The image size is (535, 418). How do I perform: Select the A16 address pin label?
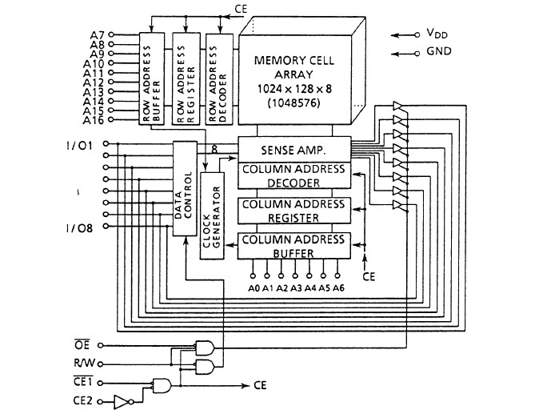[x=94, y=121]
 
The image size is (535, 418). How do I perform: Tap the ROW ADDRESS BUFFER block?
[x=150, y=79]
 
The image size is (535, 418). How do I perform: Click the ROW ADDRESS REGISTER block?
[x=183, y=79]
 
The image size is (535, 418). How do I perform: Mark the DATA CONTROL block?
[x=184, y=187]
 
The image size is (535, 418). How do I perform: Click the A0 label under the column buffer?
[x=254, y=287]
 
